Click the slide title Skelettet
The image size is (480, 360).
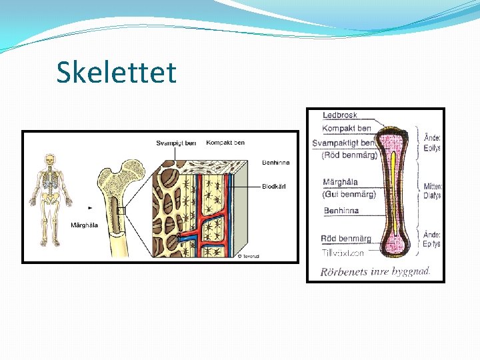pyautogui.click(x=117, y=72)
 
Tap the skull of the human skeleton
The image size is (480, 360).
pyautogui.click(x=49, y=160)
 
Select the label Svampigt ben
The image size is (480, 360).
pyautogui.click(x=176, y=143)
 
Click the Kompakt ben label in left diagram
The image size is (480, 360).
pyautogui.click(x=225, y=142)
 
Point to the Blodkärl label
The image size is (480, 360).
pyautogui.click(x=274, y=187)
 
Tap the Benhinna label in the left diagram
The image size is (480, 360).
pyautogui.click(x=275, y=162)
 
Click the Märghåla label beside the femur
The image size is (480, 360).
pyautogui.click(x=84, y=225)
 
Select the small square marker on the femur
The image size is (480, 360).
pyautogui.click(x=121, y=211)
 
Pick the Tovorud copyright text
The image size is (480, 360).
pyautogui.click(x=249, y=255)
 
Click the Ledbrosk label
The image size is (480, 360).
pyautogui.click(x=340, y=115)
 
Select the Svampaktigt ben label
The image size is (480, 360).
pyautogui.click(x=349, y=143)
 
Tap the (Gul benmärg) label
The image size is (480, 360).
pyautogui.click(x=349, y=194)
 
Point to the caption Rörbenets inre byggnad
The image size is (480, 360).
pyautogui.click(x=375, y=271)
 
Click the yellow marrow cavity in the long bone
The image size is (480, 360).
pyautogui.click(x=394, y=193)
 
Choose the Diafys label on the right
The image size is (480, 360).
pyautogui.click(x=432, y=196)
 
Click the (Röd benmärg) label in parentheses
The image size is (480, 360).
pyautogui.click(x=349, y=155)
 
